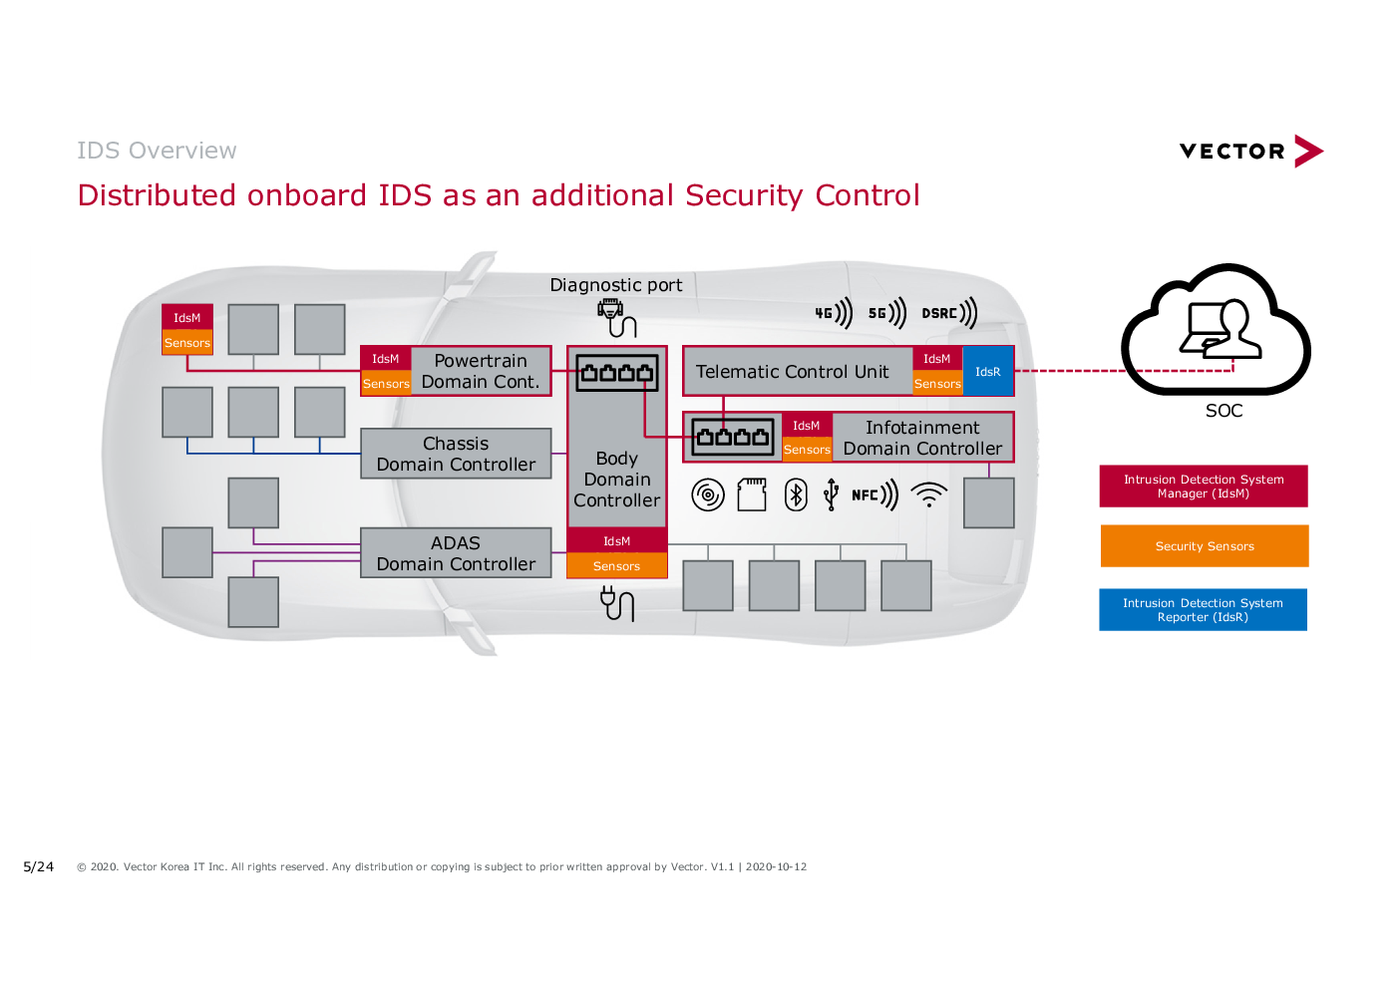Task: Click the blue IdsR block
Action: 987,371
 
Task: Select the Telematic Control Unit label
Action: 792,372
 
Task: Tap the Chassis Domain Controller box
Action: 456,454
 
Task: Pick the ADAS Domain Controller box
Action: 456,553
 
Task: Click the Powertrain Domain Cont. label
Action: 481,371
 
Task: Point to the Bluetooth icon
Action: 796,495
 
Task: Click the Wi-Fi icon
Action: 928,494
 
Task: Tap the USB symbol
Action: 831,495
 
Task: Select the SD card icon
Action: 752,495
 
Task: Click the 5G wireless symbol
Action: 886,313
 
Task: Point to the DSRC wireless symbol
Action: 949,313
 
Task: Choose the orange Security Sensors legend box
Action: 1205,546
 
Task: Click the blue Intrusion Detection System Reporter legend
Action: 1203,610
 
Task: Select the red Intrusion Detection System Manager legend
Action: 1204,487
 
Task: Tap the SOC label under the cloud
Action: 1224,411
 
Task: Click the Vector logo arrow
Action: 1308,152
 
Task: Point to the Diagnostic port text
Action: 616,285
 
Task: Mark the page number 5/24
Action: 38,866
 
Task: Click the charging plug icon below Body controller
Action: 617,603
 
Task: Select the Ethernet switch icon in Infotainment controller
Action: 733,437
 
